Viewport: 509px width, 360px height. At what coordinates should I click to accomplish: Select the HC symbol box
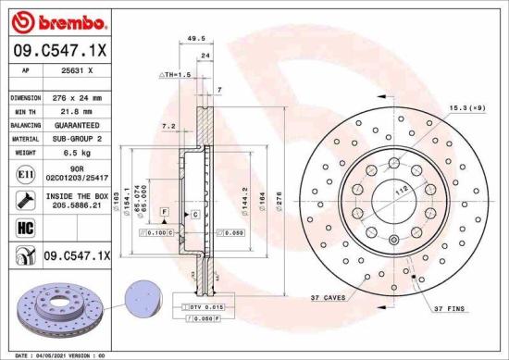22,228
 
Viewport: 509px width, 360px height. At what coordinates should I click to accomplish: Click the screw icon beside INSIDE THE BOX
22,200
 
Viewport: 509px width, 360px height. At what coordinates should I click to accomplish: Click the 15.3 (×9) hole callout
467,108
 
